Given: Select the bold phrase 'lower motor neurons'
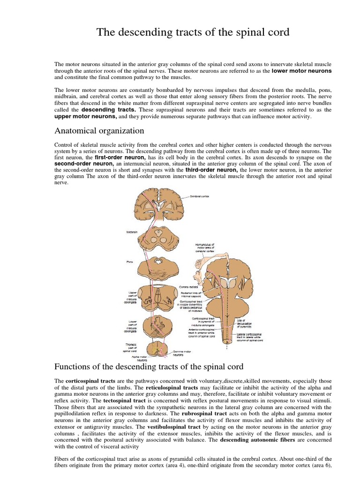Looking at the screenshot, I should tap(301, 71).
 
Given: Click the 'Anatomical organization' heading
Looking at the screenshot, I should tap(99, 131).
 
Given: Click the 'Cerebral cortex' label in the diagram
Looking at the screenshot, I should tap(200, 196).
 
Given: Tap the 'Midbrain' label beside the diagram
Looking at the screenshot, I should tap(132, 232).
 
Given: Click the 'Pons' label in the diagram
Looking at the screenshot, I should tap(130, 262).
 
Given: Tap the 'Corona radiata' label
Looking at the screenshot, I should tap(188, 287).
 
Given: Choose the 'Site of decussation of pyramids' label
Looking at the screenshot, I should tap(244, 323).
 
